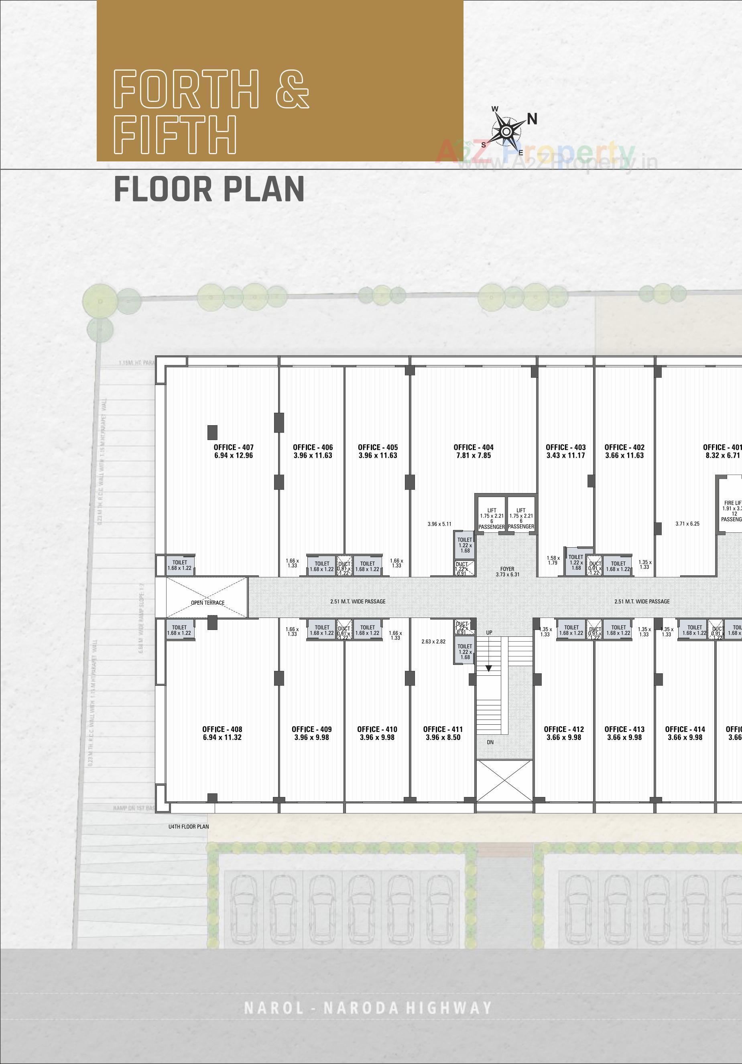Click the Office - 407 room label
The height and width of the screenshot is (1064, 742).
pyautogui.click(x=234, y=447)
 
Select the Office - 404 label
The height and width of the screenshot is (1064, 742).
pyautogui.click(x=474, y=447)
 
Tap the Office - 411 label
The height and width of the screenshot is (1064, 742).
pyautogui.click(x=443, y=729)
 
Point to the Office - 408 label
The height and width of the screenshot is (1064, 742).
pyautogui.click(x=222, y=729)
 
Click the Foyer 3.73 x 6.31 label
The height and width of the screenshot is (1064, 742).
pyautogui.click(x=507, y=571)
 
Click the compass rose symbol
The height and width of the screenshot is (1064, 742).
pyautogui.click(x=507, y=132)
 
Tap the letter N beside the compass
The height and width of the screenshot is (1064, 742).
pyautogui.click(x=532, y=119)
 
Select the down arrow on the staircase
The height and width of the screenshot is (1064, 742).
pyautogui.click(x=488, y=668)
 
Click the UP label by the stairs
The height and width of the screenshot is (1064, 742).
pyautogui.click(x=489, y=632)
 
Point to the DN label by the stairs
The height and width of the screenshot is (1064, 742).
pyautogui.click(x=490, y=742)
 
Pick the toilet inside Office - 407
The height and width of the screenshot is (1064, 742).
pyautogui.click(x=180, y=565)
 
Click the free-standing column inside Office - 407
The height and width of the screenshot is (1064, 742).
pyautogui.click(x=212, y=432)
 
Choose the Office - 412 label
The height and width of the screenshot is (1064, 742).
pyautogui.click(x=564, y=729)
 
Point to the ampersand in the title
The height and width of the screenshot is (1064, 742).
pyautogui.click(x=292, y=89)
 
